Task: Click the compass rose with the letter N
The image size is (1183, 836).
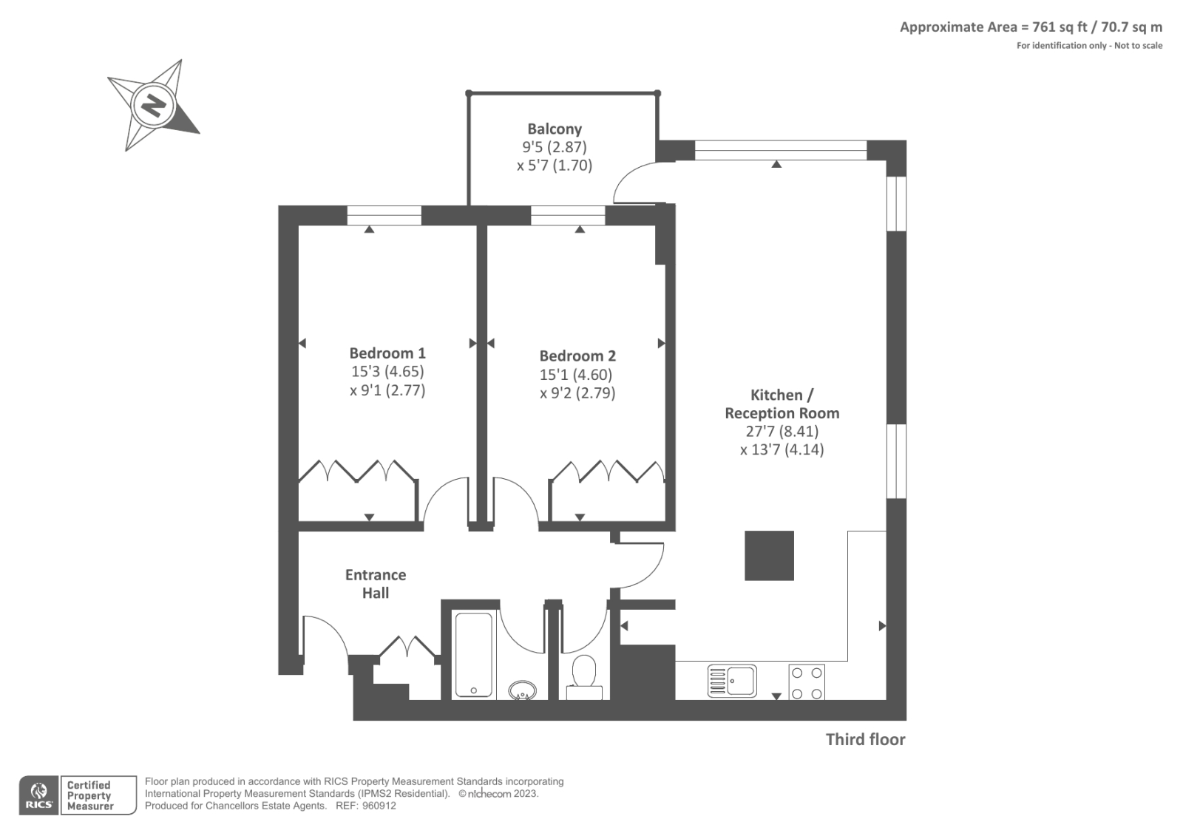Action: pos(154,106)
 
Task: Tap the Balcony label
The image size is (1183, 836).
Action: pos(554,129)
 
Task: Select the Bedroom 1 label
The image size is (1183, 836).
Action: pos(387,353)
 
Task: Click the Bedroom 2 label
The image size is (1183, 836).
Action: pos(577,356)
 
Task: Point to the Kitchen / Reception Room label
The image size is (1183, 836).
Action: pos(782,404)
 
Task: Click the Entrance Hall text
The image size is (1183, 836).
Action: pos(376,583)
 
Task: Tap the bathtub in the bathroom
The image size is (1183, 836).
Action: pos(474,654)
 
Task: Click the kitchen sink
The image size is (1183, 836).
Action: pos(732,681)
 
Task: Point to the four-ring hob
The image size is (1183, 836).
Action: pos(807,682)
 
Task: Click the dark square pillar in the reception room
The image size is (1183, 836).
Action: pos(769,556)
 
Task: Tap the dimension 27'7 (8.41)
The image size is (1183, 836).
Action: pos(782,431)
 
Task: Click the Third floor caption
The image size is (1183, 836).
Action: pos(865,739)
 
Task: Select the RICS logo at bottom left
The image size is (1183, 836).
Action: pos(40,795)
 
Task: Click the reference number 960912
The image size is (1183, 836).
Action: pos(379,806)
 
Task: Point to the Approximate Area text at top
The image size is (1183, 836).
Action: pos(1031,27)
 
